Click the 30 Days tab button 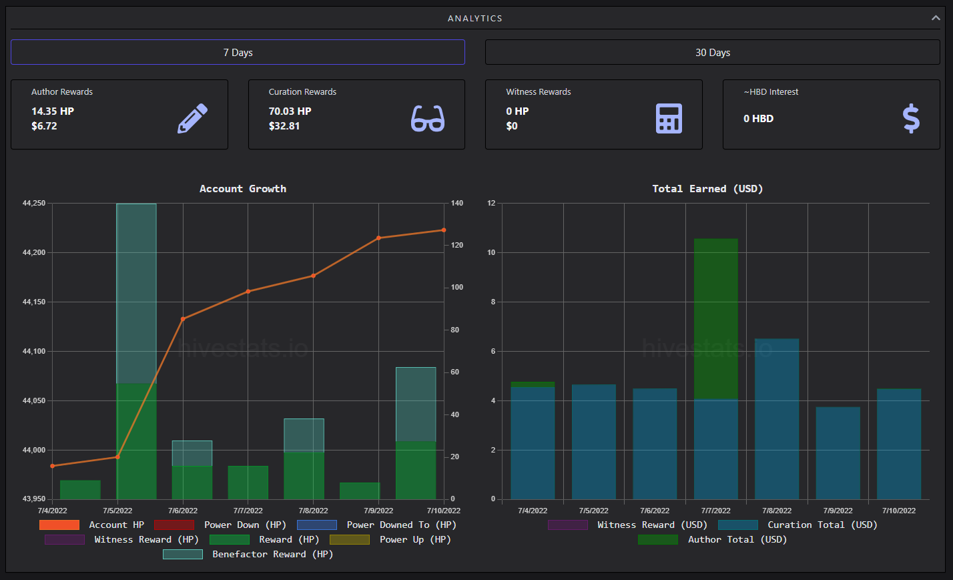(712, 52)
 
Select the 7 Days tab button (238, 52)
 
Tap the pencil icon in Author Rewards (192, 118)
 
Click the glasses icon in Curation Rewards (428, 118)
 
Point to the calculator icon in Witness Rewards (669, 118)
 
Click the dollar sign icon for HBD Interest (911, 118)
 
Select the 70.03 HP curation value (290, 111)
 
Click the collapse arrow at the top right (936, 18)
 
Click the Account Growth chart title (243, 188)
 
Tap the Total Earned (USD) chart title (707, 188)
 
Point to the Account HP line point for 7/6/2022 (183, 319)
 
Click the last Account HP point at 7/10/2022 (444, 230)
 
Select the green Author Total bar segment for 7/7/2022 (716, 319)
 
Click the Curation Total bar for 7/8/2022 (777, 419)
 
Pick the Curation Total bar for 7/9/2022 (838, 453)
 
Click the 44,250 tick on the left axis (34, 203)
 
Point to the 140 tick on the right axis (457, 203)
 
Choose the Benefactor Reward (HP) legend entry (248, 554)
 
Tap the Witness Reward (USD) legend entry (627, 525)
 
